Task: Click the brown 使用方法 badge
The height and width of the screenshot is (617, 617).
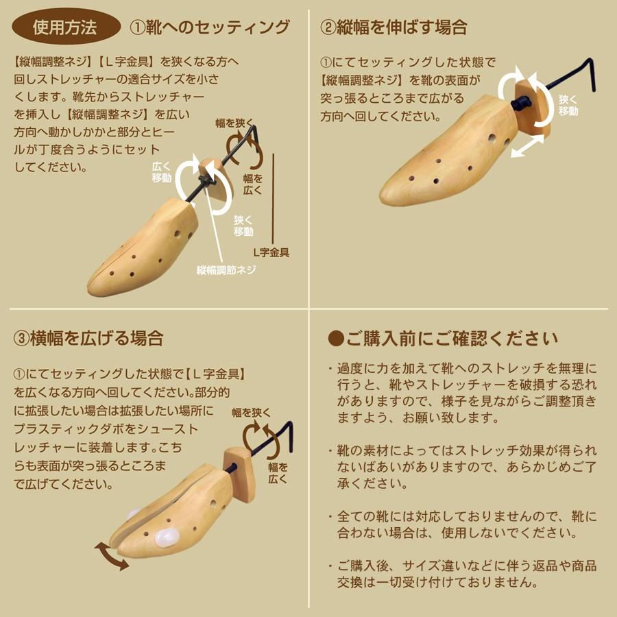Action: (65, 27)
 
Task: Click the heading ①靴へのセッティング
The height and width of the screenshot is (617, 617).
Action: (210, 27)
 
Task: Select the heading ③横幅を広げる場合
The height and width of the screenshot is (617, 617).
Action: (88, 338)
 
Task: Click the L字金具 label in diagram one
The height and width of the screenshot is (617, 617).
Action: (270, 252)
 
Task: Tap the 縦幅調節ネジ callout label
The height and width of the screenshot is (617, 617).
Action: (226, 269)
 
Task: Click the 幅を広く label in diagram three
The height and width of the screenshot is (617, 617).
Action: (278, 474)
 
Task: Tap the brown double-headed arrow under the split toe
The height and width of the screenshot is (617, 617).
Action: (111, 556)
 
